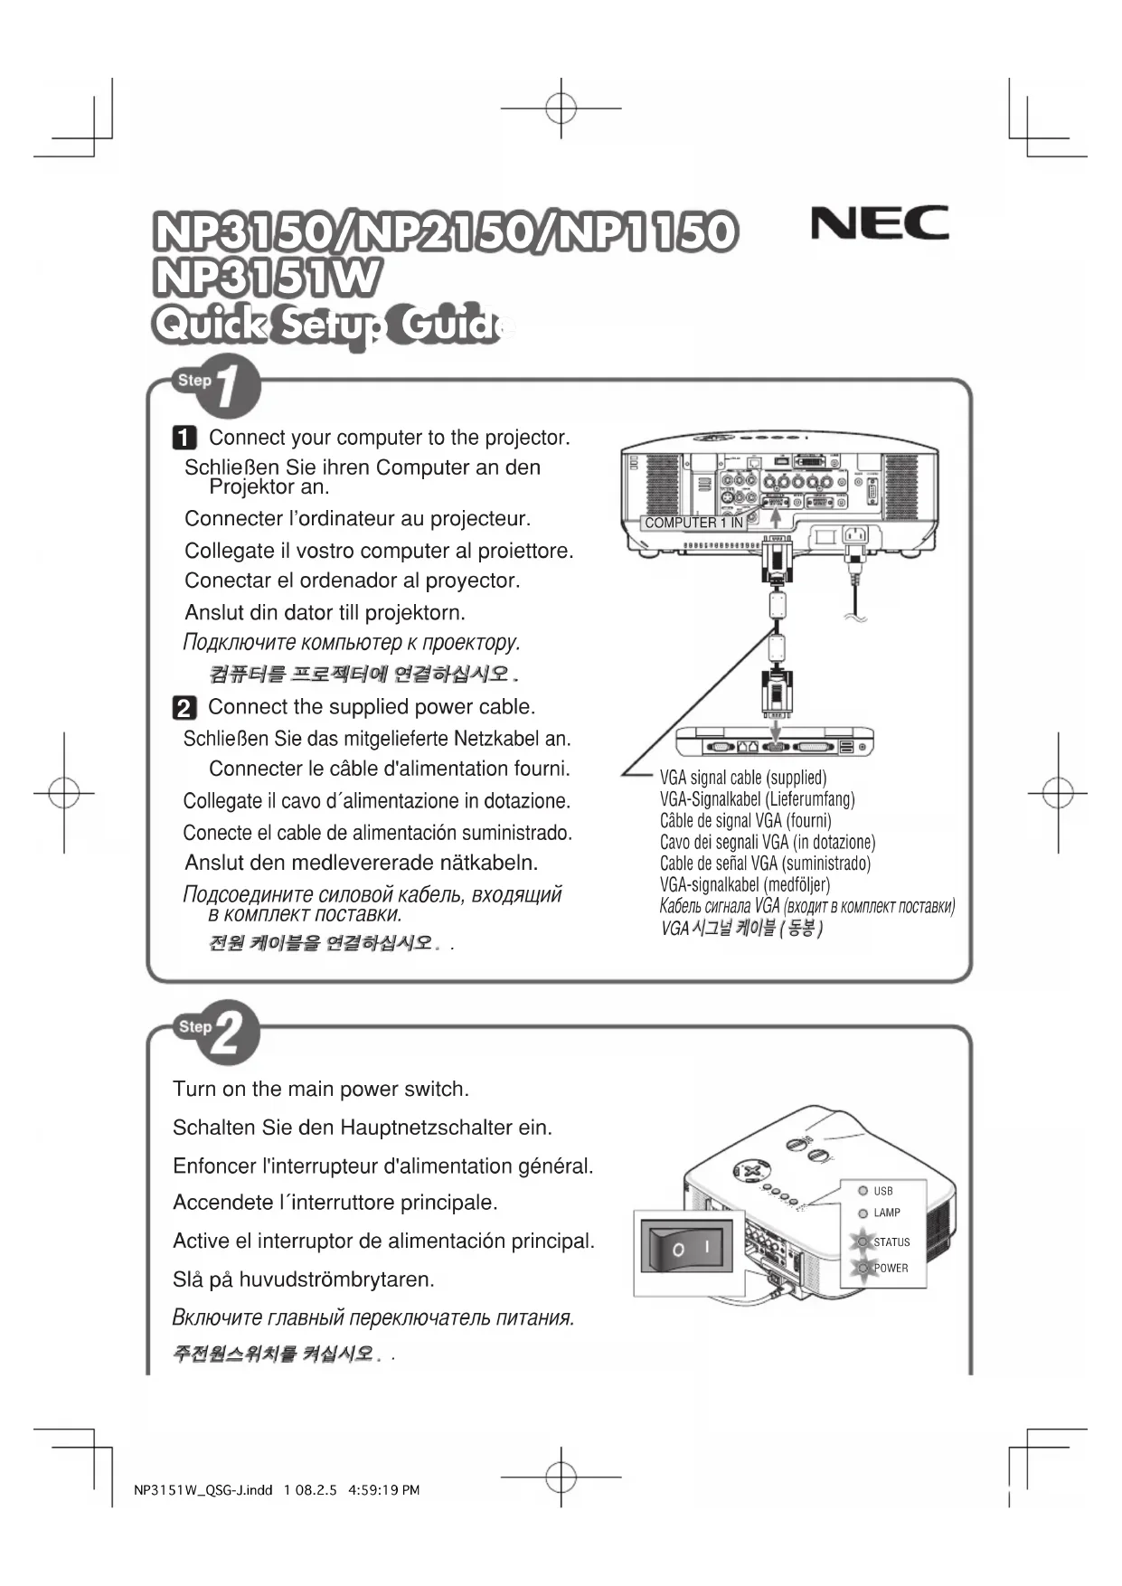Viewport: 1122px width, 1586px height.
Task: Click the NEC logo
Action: pos(879,222)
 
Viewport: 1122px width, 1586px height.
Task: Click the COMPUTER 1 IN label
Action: pos(693,523)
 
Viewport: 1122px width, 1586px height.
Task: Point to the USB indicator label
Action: pos(883,1191)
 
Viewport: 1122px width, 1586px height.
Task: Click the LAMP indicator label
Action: pos(886,1213)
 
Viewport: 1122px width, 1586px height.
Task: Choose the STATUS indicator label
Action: pos(891,1242)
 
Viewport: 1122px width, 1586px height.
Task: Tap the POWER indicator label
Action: pos(891,1268)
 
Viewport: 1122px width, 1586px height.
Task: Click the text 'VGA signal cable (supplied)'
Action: pos(743,778)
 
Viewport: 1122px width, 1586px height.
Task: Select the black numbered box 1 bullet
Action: pos(184,439)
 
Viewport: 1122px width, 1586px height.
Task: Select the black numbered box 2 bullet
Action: pos(184,707)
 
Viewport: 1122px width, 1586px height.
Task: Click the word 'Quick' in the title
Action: pos(210,326)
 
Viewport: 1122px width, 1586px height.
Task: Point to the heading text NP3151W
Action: pos(266,278)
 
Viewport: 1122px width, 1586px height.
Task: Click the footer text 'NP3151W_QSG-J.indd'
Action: pos(203,1490)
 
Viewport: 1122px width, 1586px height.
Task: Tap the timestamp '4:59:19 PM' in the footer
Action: pos(383,1490)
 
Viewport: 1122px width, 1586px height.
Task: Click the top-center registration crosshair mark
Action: pos(561,108)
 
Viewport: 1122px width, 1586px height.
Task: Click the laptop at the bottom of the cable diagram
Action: pos(775,741)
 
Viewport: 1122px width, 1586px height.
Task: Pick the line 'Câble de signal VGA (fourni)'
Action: pos(745,821)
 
